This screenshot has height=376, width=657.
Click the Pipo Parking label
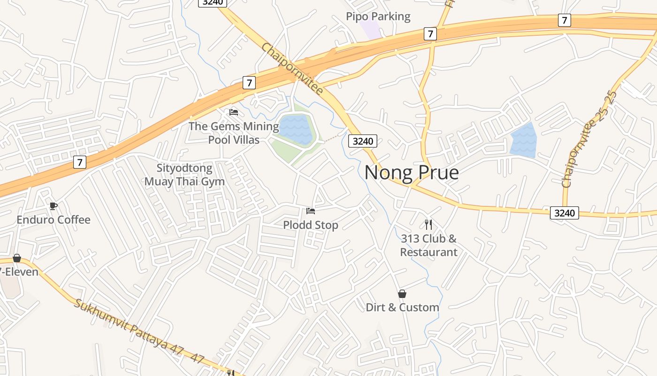coord(378,16)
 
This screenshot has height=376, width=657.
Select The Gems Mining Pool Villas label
coord(234,133)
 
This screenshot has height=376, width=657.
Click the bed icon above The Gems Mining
coord(234,112)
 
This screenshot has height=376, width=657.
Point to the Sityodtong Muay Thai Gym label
coord(184,174)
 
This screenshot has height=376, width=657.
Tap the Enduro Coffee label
coord(53,219)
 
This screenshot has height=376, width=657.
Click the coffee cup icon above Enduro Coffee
coord(53,206)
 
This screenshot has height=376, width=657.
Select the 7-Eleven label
coord(19,272)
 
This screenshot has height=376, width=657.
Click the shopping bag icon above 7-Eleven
coord(17,258)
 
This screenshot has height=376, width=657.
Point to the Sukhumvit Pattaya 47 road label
coord(139,331)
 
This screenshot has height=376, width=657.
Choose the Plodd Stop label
coord(310,225)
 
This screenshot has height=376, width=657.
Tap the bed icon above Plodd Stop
coord(310,211)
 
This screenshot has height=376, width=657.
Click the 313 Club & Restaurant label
coord(428,245)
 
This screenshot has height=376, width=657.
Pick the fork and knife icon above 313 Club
coord(428,224)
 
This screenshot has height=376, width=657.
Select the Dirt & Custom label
coord(402,307)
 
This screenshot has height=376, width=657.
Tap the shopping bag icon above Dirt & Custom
coord(402,294)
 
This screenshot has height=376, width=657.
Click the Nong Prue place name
coord(412,172)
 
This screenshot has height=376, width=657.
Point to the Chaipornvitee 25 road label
coord(589,139)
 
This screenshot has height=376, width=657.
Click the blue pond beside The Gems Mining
coord(296,129)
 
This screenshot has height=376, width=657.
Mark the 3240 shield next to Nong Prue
coord(363,141)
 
